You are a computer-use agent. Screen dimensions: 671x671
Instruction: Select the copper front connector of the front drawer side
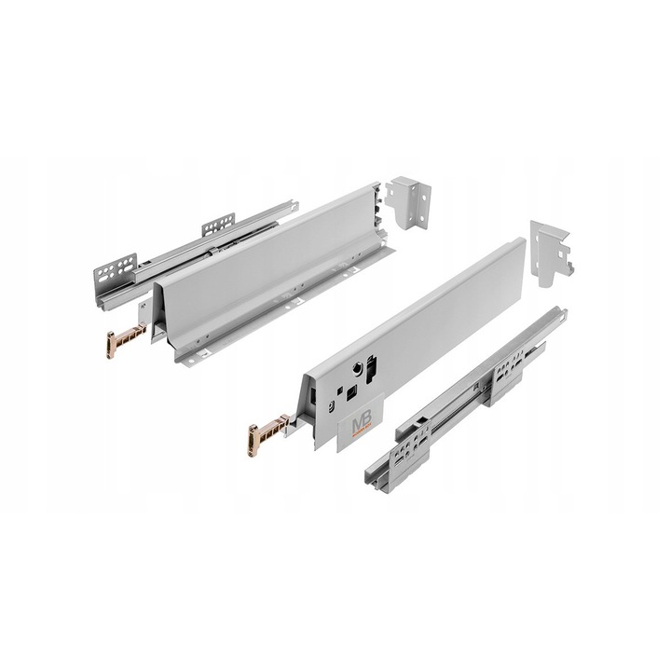tap(266, 435)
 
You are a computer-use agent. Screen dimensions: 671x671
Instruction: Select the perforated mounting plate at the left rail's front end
tap(115, 273)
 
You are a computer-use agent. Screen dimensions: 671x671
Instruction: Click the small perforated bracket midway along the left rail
tap(218, 225)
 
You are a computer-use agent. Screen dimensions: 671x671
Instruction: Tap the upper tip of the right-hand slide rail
tap(559, 312)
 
